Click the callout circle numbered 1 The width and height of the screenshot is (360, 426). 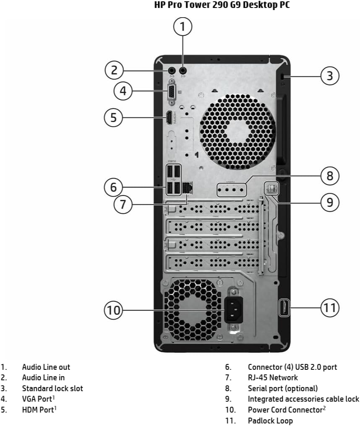[x=183, y=27]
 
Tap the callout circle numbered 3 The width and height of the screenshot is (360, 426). [x=330, y=76]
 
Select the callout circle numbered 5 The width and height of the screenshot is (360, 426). [x=113, y=118]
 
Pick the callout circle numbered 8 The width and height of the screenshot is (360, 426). [x=330, y=176]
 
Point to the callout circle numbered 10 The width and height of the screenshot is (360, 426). [x=113, y=310]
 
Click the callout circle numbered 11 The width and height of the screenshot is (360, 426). [x=330, y=308]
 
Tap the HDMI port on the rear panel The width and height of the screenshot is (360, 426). [x=169, y=118]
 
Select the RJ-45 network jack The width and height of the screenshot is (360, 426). [x=187, y=188]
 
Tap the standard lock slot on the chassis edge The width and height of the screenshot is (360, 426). [x=282, y=76]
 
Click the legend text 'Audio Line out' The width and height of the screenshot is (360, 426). [x=46, y=367]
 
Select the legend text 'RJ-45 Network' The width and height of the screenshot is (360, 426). [x=273, y=378]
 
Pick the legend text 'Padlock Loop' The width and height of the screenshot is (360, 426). [x=270, y=421]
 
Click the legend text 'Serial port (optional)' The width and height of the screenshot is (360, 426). [x=283, y=388]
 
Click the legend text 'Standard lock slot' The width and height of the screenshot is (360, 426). [x=52, y=388]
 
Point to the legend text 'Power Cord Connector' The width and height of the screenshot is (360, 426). [x=284, y=410]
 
